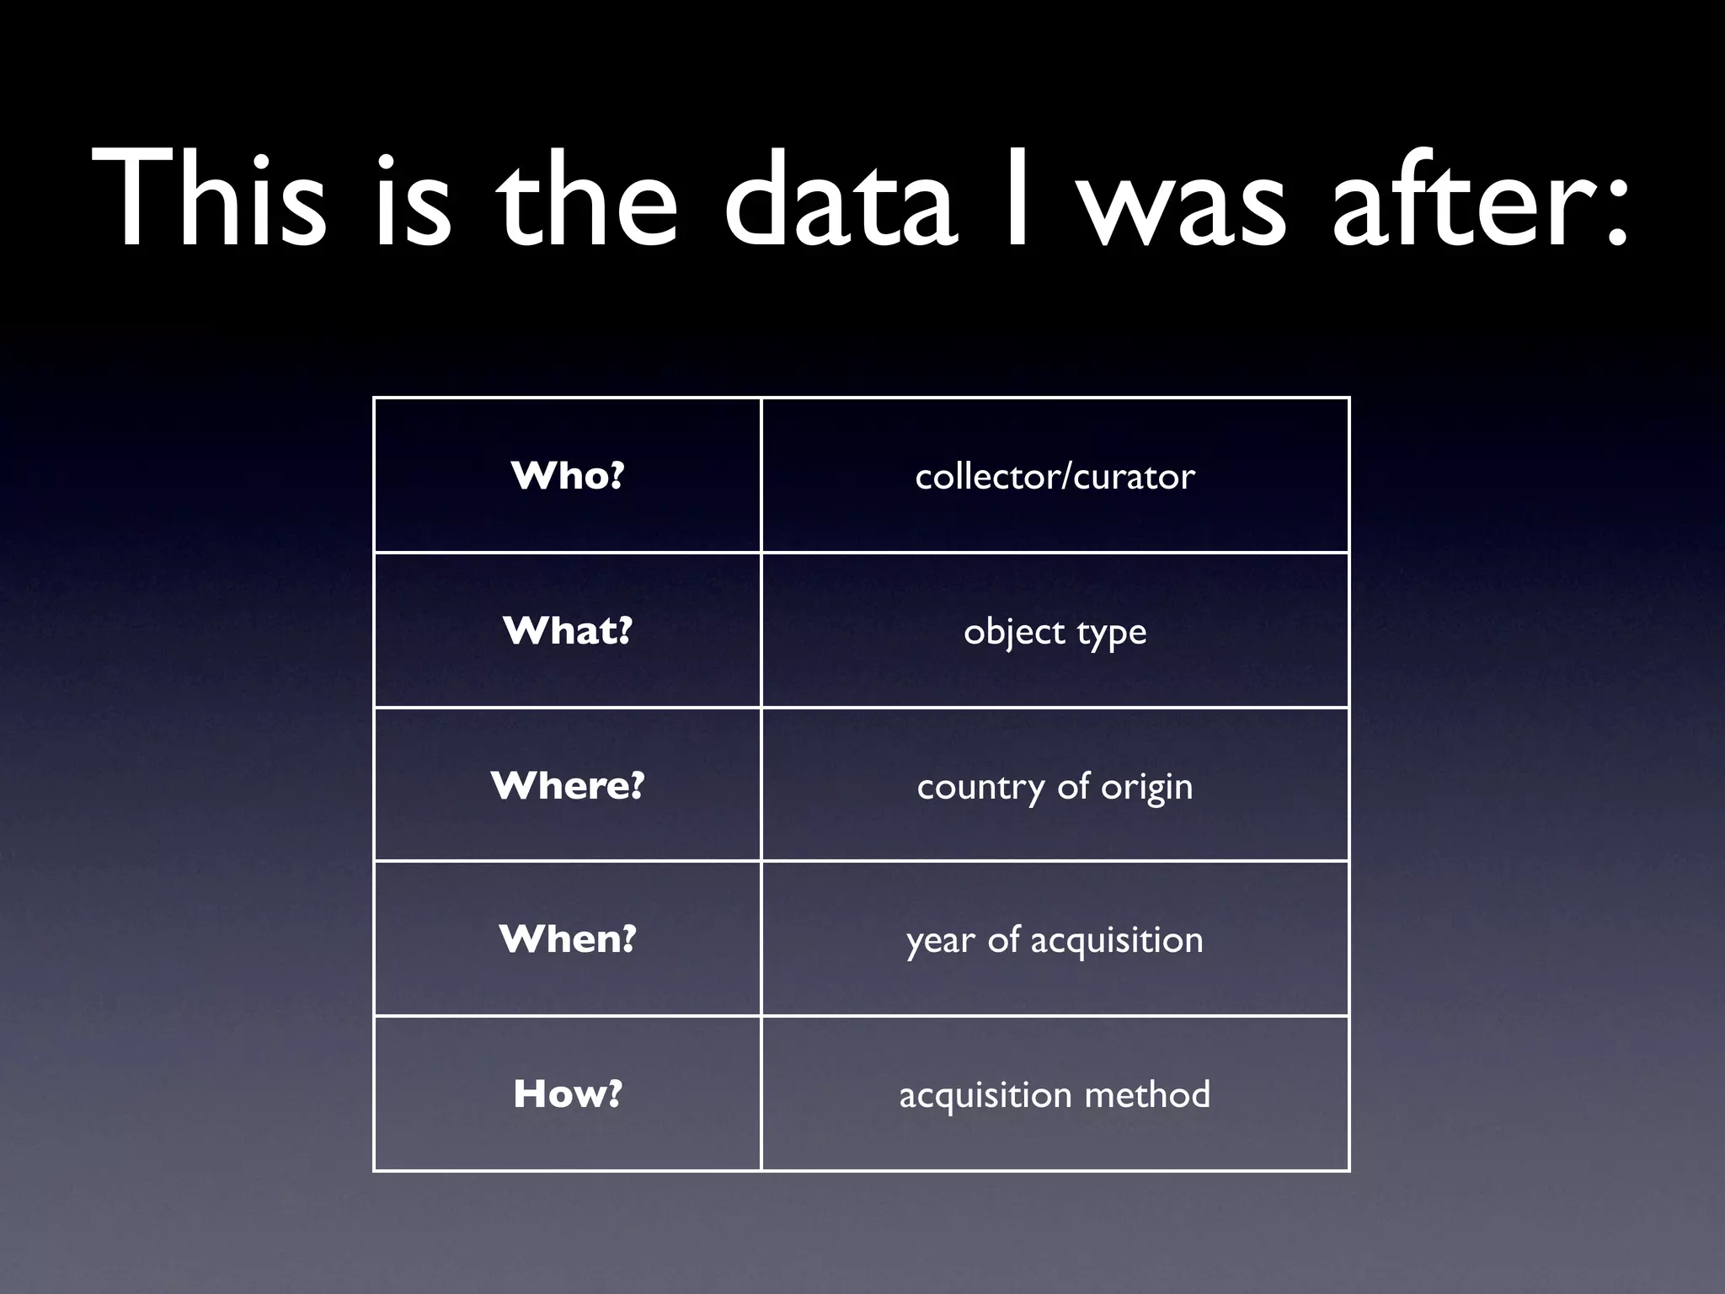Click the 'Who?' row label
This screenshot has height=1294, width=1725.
click(568, 476)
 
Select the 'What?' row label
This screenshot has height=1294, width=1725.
click(568, 631)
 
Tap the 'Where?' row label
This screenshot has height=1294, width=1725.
click(568, 786)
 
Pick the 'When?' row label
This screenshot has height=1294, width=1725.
click(568, 939)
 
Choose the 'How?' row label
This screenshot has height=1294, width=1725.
click(568, 1094)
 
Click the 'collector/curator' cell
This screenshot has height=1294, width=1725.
click(1055, 477)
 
